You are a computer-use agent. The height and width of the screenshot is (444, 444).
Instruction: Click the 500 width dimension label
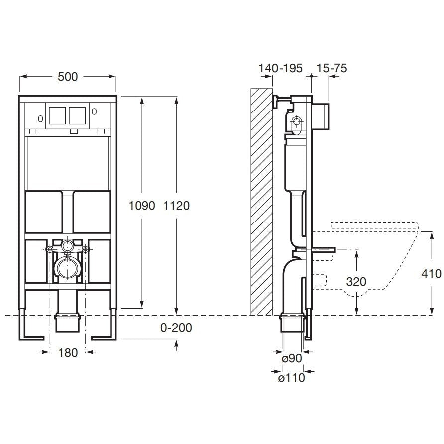click(68, 77)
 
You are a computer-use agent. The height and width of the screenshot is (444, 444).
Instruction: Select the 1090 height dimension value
click(142, 206)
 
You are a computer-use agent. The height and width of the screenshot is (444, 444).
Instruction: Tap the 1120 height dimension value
click(176, 206)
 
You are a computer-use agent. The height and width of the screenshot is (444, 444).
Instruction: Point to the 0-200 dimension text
click(176, 328)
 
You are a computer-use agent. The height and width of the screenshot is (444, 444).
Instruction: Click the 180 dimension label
click(68, 353)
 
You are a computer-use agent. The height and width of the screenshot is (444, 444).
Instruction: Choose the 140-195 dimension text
click(281, 68)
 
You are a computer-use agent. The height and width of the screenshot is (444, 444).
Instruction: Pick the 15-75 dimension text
click(332, 68)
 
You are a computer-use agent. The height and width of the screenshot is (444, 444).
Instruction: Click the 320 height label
click(356, 282)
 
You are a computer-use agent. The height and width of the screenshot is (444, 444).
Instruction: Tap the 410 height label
click(431, 274)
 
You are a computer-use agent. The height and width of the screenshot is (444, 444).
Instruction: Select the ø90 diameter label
click(292, 358)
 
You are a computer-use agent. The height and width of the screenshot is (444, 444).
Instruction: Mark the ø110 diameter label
click(291, 378)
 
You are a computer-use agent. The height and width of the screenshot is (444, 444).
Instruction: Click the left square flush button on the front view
click(58, 115)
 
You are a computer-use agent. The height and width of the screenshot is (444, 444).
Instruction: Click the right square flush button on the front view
click(77, 115)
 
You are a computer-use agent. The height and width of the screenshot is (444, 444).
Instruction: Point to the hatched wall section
click(262, 202)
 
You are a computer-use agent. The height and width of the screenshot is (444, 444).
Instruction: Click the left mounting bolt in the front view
click(50, 249)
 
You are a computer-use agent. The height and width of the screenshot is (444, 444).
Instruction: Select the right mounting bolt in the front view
click(85, 249)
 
